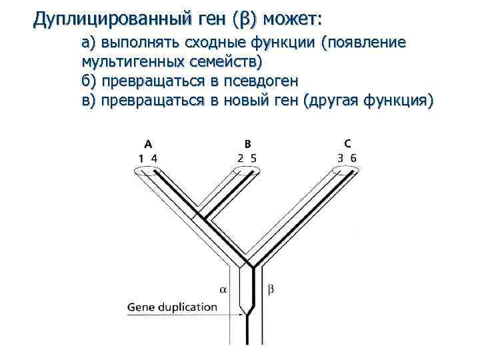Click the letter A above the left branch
pos(147,143)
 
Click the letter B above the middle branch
pos(247,143)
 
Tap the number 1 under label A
pos(141,158)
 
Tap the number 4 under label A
pos(154,158)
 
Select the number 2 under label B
pos(241,158)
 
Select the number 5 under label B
pos(254,158)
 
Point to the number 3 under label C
pos(341,158)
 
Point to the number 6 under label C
pos(353,158)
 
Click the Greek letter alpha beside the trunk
pos(223,289)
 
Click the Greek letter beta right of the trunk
pos(271,289)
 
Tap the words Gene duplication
pos(172,307)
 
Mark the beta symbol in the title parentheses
pos(247,21)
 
